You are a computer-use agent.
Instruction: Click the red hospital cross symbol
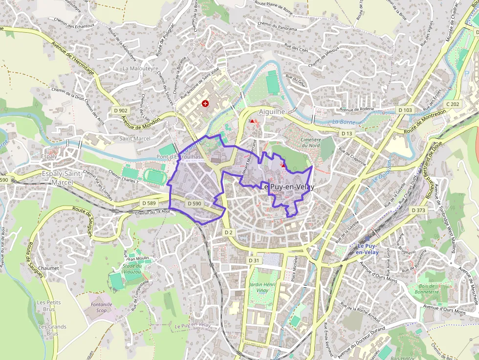(x=206, y=104)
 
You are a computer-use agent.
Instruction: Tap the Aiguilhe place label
(x=272, y=112)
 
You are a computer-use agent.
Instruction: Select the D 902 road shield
(x=120, y=110)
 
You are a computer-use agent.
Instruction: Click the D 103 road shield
(x=405, y=110)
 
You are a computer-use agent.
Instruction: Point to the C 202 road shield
(x=453, y=104)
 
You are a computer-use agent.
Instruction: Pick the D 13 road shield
(x=347, y=133)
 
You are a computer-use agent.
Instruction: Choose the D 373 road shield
(x=418, y=210)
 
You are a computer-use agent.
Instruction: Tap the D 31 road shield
(x=253, y=261)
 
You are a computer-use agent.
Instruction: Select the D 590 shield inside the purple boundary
(x=194, y=204)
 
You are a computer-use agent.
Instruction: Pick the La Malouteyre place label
(x=141, y=68)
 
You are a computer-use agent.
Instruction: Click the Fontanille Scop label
(x=102, y=307)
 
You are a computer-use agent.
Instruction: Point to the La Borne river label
(x=343, y=122)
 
